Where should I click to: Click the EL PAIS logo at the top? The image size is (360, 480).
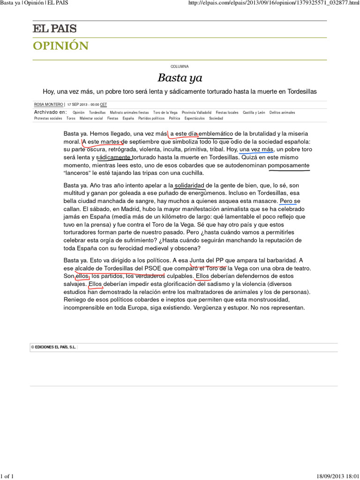[54, 29]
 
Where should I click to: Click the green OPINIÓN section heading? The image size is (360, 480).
[60, 45]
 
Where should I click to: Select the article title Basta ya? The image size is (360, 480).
[180, 78]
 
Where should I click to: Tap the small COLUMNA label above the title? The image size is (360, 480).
[180, 67]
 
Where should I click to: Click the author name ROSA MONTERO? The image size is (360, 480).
[49, 105]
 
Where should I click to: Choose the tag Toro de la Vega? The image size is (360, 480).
[165, 112]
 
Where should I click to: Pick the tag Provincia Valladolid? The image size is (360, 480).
[196, 112]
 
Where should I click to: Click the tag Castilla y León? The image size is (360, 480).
[254, 112]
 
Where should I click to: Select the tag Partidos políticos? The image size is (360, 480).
[151, 119]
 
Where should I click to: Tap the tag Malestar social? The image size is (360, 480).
[91, 119]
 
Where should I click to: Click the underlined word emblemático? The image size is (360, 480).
[216, 134]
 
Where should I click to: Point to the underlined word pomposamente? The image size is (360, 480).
[288, 165]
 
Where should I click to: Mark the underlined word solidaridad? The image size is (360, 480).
[190, 185]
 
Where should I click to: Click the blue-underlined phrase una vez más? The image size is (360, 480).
[256, 150]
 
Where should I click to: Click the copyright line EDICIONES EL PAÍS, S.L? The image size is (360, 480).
[53, 347]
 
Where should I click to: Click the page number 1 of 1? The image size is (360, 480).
[8, 476]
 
